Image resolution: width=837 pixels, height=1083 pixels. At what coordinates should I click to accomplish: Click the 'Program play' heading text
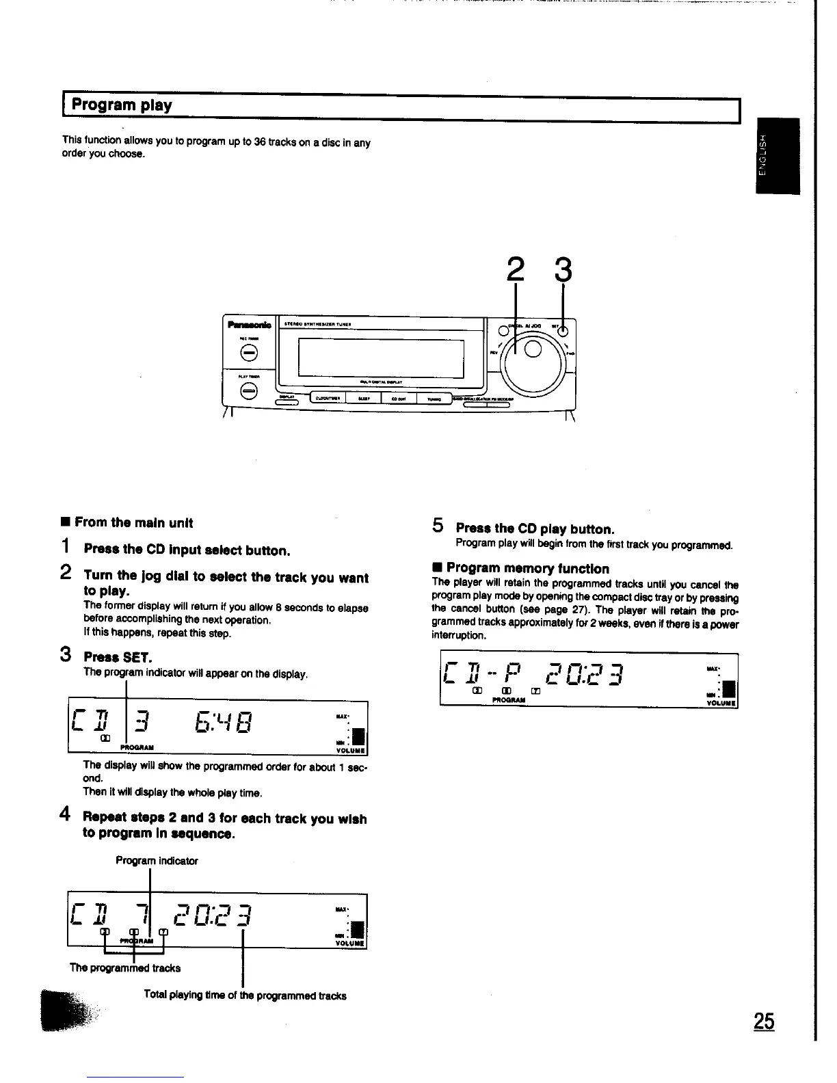tap(122, 105)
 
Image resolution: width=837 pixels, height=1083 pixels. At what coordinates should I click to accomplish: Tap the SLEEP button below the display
tap(363, 399)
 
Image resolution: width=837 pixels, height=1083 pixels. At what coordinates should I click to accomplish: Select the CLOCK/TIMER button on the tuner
tap(329, 399)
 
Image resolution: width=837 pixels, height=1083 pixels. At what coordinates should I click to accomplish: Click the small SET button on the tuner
tap(562, 332)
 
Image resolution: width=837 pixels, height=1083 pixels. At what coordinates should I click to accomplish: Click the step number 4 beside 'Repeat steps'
tap(66, 814)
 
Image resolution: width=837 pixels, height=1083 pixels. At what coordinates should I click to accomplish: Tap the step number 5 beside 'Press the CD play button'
tap(438, 526)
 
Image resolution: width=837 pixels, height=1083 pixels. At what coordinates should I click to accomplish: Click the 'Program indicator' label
tap(157, 861)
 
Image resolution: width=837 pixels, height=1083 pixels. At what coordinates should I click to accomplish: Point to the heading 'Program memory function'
tap(527, 568)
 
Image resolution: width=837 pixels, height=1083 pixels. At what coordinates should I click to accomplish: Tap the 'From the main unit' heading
tap(133, 523)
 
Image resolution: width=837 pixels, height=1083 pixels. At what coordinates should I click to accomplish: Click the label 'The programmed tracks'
tap(125, 967)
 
